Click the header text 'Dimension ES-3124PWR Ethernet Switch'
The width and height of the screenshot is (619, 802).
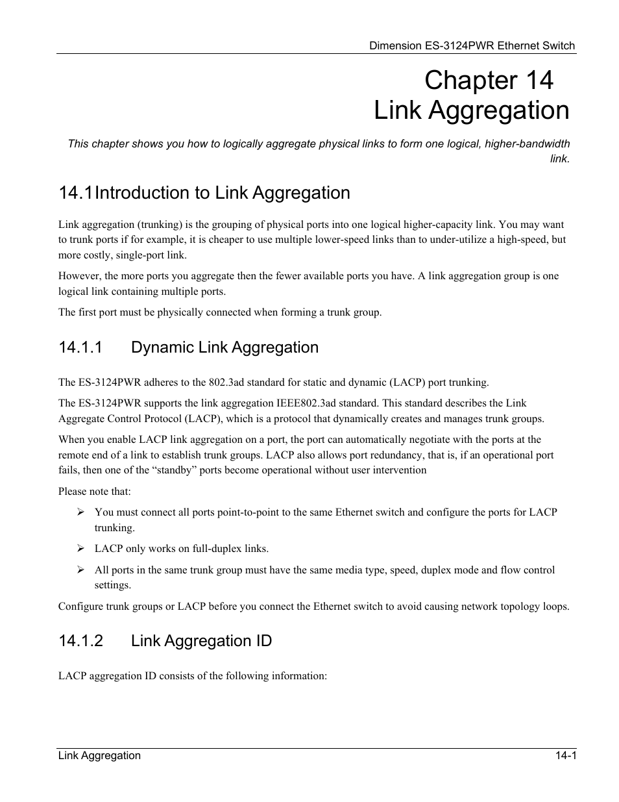472,45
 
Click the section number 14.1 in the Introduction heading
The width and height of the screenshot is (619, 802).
75,193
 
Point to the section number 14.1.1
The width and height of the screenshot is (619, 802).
80,347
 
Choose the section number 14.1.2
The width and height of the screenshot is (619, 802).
80,641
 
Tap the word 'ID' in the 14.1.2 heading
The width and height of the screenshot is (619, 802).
263,641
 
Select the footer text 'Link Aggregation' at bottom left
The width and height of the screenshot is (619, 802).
99,755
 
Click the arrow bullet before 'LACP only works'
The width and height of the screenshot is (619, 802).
81,549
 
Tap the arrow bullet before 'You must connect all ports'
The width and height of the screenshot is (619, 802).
81,512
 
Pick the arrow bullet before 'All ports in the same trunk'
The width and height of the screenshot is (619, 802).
81,570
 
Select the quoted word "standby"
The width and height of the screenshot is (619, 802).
174,470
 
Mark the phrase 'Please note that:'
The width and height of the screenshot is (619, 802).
94,492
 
